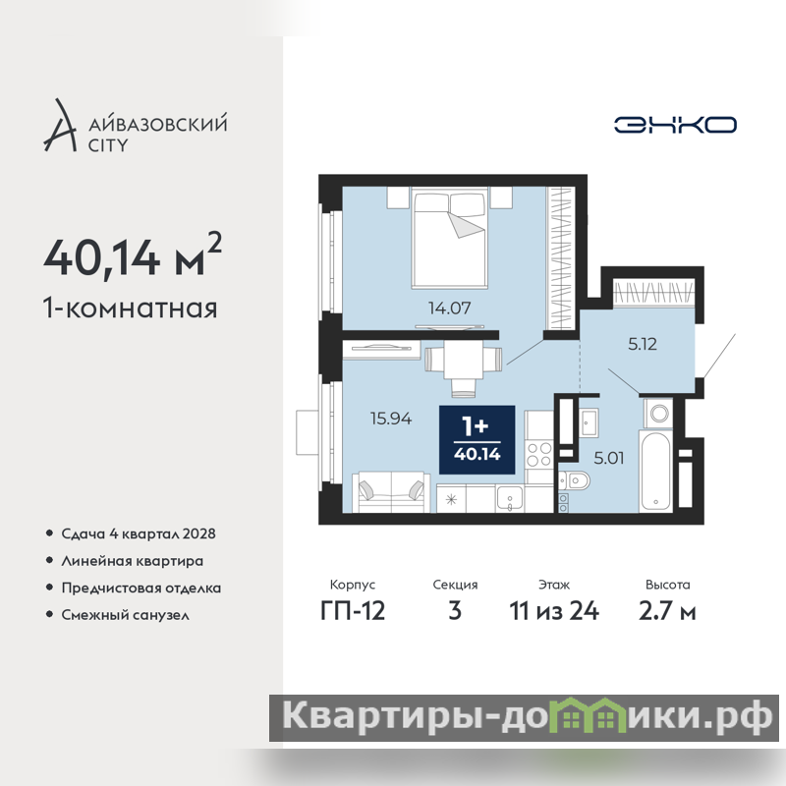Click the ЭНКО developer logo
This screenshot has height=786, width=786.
pyautogui.click(x=675, y=125)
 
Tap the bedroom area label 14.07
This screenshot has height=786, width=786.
pyautogui.click(x=450, y=308)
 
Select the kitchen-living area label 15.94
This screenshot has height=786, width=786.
pyautogui.click(x=391, y=419)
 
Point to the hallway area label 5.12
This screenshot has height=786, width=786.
pyautogui.click(x=643, y=344)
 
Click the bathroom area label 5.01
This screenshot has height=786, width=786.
pyautogui.click(x=608, y=458)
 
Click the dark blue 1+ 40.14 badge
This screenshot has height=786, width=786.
pyautogui.click(x=477, y=439)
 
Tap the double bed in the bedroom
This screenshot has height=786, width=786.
pyautogui.click(x=450, y=238)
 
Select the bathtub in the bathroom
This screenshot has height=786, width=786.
pyautogui.click(x=655, y=472)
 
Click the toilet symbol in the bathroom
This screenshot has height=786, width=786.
pyautogui.click(x=575, y=481)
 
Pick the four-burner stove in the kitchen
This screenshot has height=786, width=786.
pyautogui.click(x=539, y=454)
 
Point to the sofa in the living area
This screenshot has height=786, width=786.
pyautogui.click(x=391, y=492)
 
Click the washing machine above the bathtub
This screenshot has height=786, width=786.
pyautogui.click(x=658, y=414)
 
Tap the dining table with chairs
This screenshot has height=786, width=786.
pyautogui.click(x=463, y=366)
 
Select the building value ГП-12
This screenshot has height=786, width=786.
pyautogui.click(x=353, y=610)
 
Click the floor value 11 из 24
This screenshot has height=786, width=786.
pyautogui.click(x=554, y=610)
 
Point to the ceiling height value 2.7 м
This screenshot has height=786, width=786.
pyautogui.click(x=667, y=610)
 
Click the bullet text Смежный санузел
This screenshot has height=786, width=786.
pyautogui.click(x=126, y=615)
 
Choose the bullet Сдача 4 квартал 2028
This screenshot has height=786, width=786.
pyautogui.click(x=139, y=533)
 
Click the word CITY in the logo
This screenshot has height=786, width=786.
pyautogui.click(x=108, y=145)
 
